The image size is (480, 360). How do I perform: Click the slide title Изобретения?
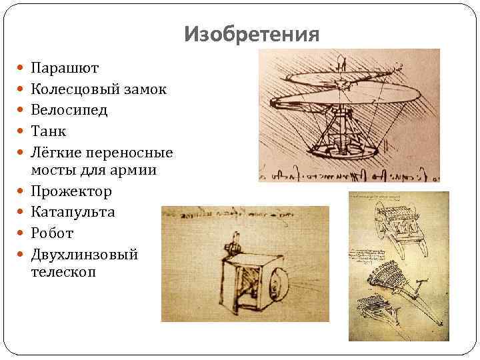coord(252,33)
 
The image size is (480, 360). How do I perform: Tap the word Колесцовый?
coord(76,89)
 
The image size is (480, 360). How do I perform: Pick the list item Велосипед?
coord(69,109)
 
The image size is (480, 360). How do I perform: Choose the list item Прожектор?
coord(71,191)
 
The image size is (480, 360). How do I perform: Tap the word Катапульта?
coord(73,212)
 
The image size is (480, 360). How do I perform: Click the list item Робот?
coord(52,233)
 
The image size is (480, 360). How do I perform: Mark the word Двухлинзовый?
coord(84,254)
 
